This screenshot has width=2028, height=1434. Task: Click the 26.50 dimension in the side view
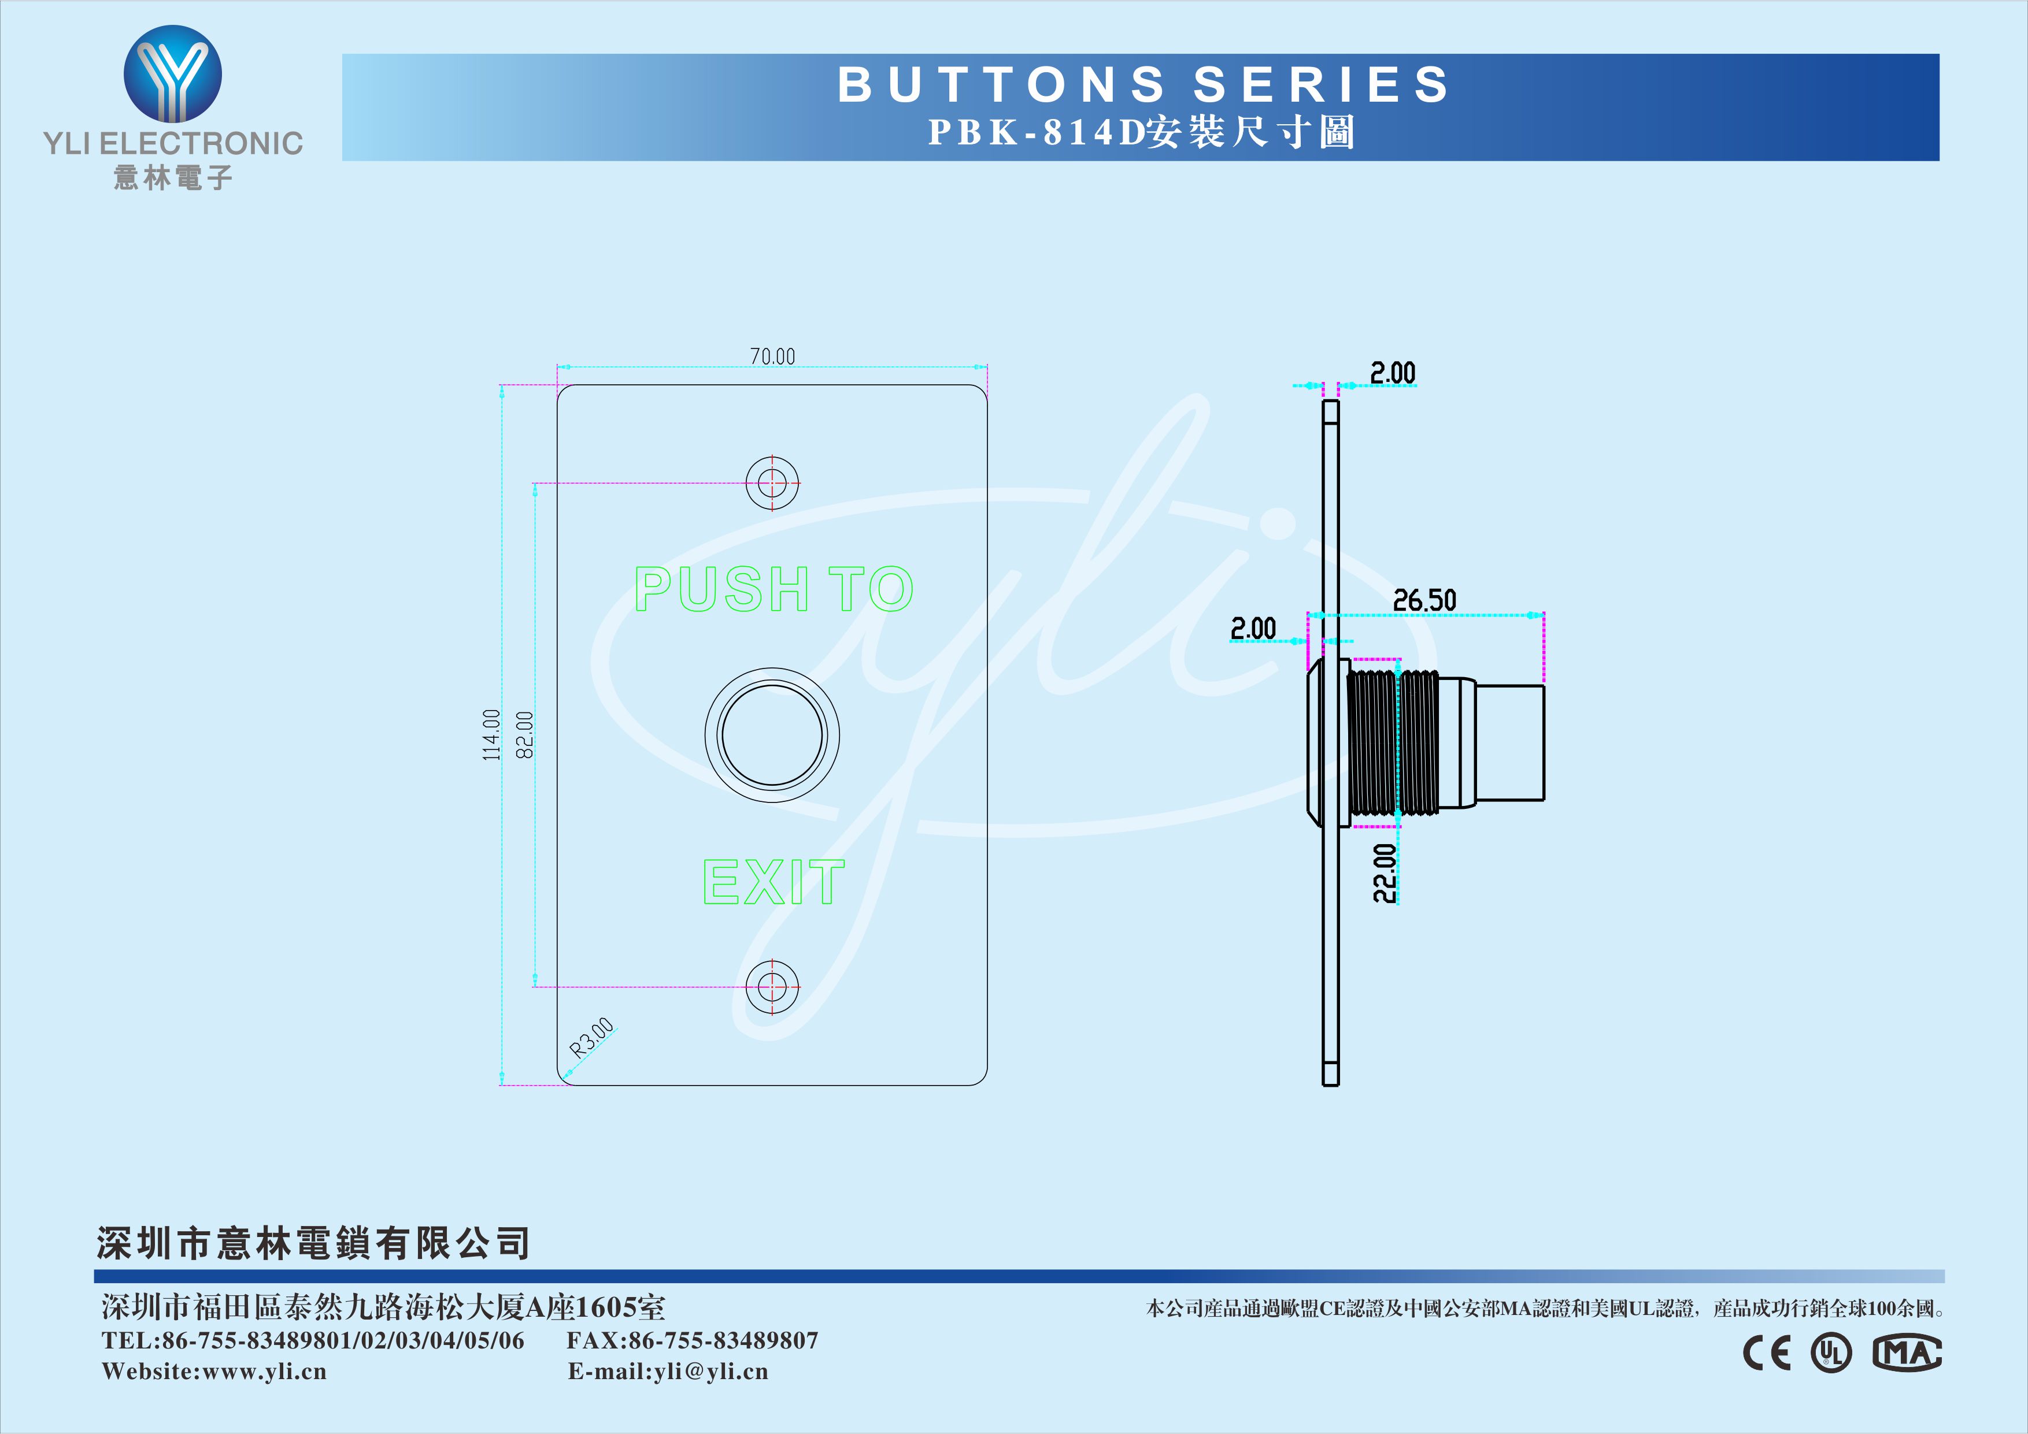click(x=1424, y=600)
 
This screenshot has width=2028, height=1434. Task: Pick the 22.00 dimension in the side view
click(x=1385, y=874)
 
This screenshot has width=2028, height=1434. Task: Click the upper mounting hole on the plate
click(x=772, y=483)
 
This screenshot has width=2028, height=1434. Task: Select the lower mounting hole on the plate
click(x=772, y=986)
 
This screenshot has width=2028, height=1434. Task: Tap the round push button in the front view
click(x=772, y=735)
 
